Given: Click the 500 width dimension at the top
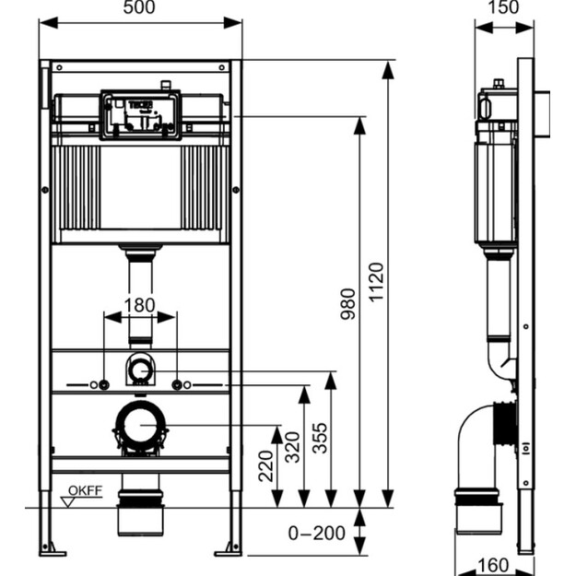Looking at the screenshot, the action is pos(139,7).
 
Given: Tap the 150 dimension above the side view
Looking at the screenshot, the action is pos(503,7).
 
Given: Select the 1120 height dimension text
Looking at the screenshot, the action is pos(376,282).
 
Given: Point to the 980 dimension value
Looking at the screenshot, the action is pos(347,304).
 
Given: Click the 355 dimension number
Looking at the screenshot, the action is pos(320,438).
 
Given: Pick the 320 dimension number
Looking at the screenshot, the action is pos(293,447).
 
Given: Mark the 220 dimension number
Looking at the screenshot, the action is pos(266,466).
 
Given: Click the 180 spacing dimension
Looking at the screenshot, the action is pos(139,305).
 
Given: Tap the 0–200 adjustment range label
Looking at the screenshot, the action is pos(317,533).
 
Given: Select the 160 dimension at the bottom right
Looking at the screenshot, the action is pos(493,565).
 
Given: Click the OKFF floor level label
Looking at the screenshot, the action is pos(85,490).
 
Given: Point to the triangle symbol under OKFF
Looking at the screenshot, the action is pos(68,502).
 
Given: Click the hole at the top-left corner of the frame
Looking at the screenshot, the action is pos(60,67).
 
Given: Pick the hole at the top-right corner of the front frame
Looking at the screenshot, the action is pos(221,67).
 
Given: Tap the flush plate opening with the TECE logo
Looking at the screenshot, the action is pos(140,115).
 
